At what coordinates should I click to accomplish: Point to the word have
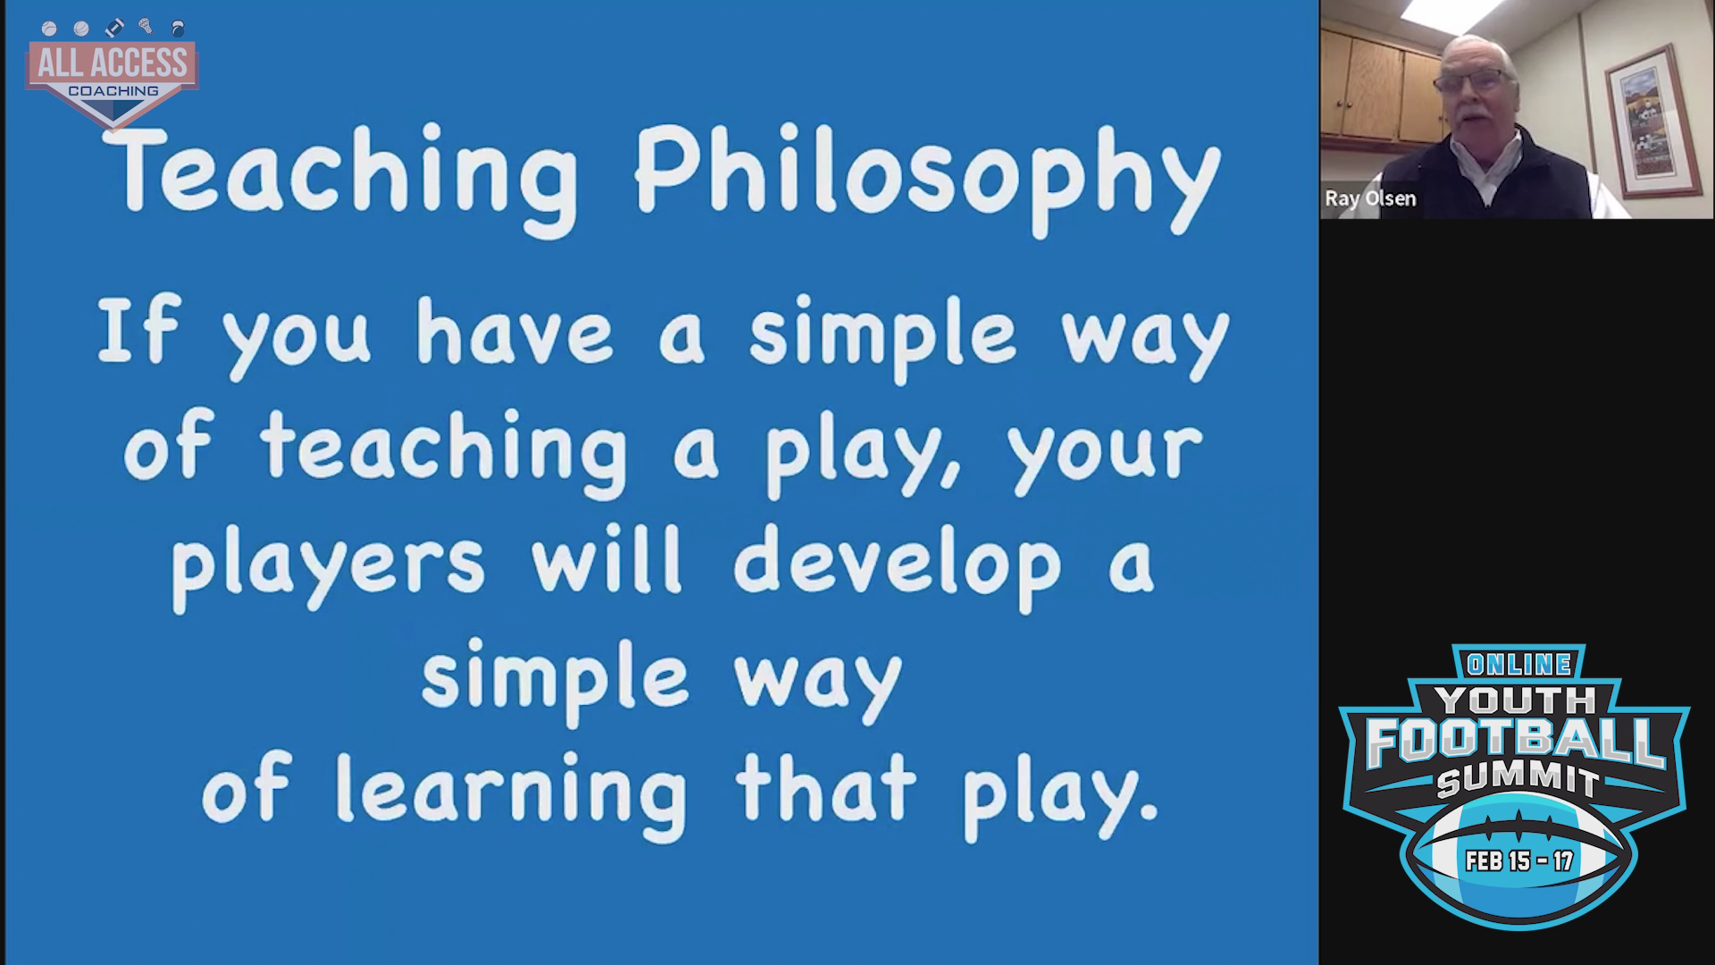[514, 332]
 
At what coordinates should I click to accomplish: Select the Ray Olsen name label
[1370, 198]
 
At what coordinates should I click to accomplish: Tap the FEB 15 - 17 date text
[1519, 861]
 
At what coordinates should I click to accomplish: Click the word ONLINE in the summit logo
[1518, 664]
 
